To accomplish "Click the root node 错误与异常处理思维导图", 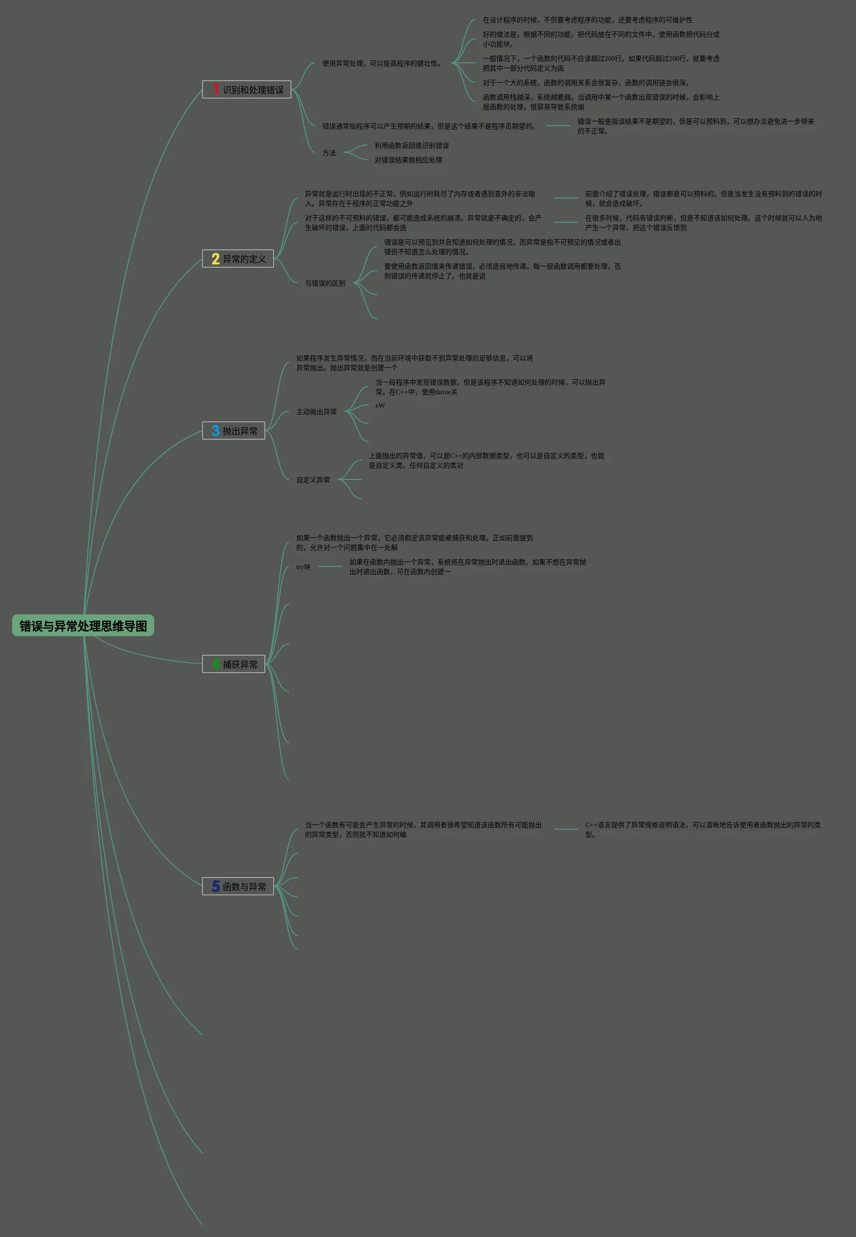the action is click(83, 626).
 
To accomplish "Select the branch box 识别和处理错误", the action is click(247, 89).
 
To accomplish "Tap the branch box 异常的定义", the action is click(238, 259).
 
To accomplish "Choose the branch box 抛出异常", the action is click(234, 431).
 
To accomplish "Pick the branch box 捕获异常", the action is click(234, 664).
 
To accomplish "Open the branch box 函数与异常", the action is click(238, 886).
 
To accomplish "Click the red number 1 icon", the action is click(216, 89).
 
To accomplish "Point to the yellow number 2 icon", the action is click(216, 259).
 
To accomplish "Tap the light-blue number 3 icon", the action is click(216, 431).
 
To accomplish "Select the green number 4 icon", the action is click(216, 664).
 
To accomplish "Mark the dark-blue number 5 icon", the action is click(216, 886).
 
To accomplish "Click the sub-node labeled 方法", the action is click(329, 153).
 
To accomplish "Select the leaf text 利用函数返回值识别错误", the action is click(411, 145).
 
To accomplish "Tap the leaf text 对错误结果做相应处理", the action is click(408, 160).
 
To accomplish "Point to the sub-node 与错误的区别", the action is click(325, 283).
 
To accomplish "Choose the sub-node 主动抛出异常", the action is click(317, 412).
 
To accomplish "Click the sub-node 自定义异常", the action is click(313, 480).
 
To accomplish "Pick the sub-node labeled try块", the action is click(303, 567).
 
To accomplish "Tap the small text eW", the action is click(380, 405).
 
